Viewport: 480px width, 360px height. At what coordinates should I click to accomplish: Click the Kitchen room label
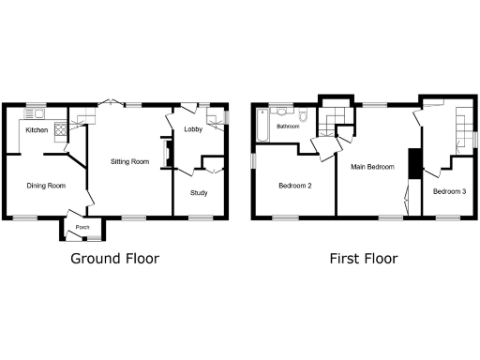pyautogui.click(x=37, y=129)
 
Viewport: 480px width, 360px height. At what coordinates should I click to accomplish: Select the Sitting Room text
pyautogui.click(x=129, y=161)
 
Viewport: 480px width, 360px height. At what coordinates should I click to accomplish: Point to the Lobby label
pyautogui.click(x=194, y=129)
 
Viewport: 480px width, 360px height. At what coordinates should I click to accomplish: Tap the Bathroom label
pyautogui.click(x=287, y=127)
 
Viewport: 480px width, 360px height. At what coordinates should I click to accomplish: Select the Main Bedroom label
pyautogui.click(x=372, y=167)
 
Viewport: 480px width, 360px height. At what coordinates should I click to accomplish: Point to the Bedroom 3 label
pyautogui.click(x=448, y=191)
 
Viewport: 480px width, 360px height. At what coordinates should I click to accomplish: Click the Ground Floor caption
pyautogui.click(x=115, y=259)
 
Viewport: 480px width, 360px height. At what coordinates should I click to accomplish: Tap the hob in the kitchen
pyautogui.click(x=62, y=131)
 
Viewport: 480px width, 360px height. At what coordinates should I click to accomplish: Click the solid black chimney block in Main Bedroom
pyautogui.click(x=412, y=161)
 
